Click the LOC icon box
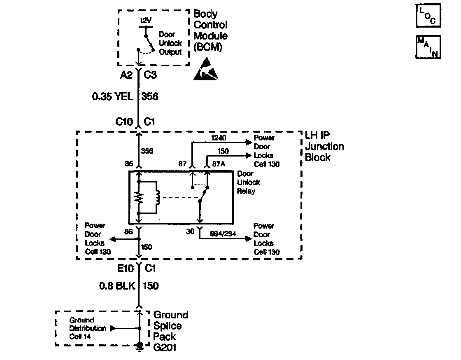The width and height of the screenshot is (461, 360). [428, 15]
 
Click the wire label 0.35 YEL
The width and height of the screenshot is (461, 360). [112, 97]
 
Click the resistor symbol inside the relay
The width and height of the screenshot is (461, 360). [139, 198]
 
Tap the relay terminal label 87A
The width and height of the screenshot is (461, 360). [218, 164]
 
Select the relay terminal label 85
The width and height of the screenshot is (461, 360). [129, 164]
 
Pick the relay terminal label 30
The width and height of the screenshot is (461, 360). [190, 232]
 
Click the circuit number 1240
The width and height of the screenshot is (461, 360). [218, 138]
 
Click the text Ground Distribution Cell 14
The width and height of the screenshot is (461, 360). [82, 328]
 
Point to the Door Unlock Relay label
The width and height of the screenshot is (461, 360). [249, 182]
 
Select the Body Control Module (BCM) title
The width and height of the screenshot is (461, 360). [210, 31]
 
